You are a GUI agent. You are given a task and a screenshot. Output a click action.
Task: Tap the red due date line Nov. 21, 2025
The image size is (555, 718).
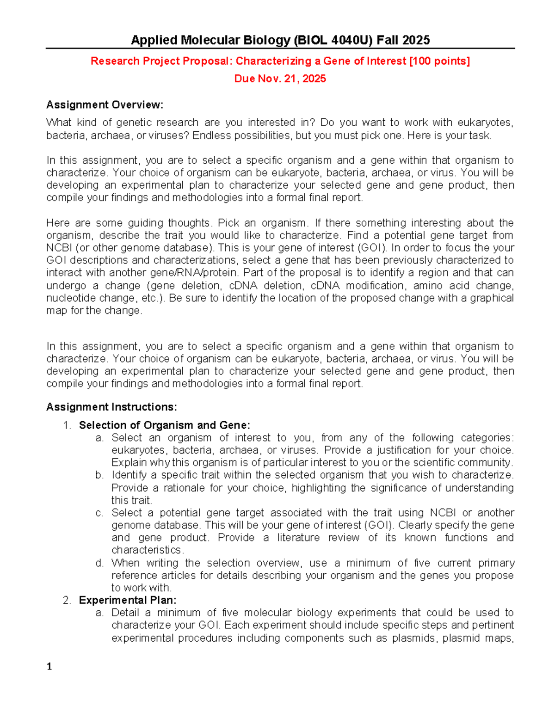[x=280, y=79]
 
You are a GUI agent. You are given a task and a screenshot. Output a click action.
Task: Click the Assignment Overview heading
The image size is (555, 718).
[x=105, y=105]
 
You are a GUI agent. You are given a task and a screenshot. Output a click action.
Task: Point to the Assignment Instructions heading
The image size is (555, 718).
[x=111, y=407]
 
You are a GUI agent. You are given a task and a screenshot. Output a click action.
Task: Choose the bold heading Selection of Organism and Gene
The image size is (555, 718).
[x=164, y=425]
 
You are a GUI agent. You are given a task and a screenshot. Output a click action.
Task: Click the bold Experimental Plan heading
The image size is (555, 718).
[x=128, y=600]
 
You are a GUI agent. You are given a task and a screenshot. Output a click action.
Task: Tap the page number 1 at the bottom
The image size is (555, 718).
[x=49, y=666]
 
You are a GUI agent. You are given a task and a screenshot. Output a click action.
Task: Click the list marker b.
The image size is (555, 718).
[x=99, y=475]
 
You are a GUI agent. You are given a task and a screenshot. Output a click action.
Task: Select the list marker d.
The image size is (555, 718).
[x=99, y=563]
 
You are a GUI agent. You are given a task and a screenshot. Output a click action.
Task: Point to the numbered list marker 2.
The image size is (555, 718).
[x=67, y=600]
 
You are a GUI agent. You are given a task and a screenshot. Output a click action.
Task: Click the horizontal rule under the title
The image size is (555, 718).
[x=280, y=48]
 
